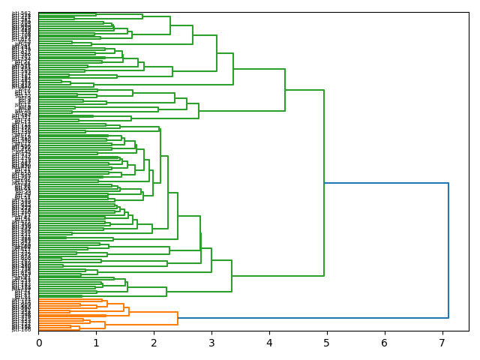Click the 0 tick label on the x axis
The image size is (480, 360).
(x=38, y=342)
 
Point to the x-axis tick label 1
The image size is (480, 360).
(x=96, y=342)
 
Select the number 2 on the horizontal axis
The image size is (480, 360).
(x=154, y=342)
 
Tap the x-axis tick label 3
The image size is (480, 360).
(x=211, y=342)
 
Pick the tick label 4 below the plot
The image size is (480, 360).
(x=269, y=342)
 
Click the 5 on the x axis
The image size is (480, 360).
(x=327, y=342)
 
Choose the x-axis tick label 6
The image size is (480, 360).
(x=385, y=342)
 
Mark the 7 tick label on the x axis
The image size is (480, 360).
(x=442, y=342)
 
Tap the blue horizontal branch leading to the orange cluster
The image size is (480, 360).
(x=315, y=318)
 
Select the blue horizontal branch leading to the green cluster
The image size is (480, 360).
(x=386, y=183)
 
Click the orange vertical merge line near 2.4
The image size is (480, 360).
(x=178, y=318)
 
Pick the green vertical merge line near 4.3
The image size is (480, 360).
(x=285, y=90)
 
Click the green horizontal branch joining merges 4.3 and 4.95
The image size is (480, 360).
(x=304, y=90)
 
